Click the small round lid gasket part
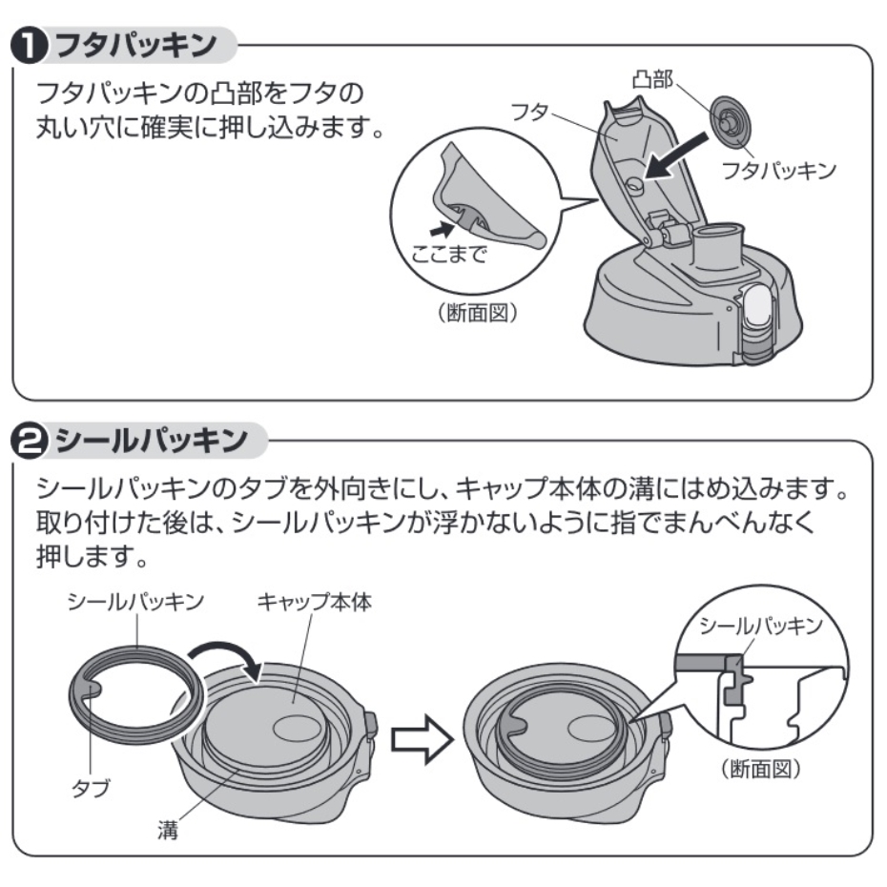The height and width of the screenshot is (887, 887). click(731, 119)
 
